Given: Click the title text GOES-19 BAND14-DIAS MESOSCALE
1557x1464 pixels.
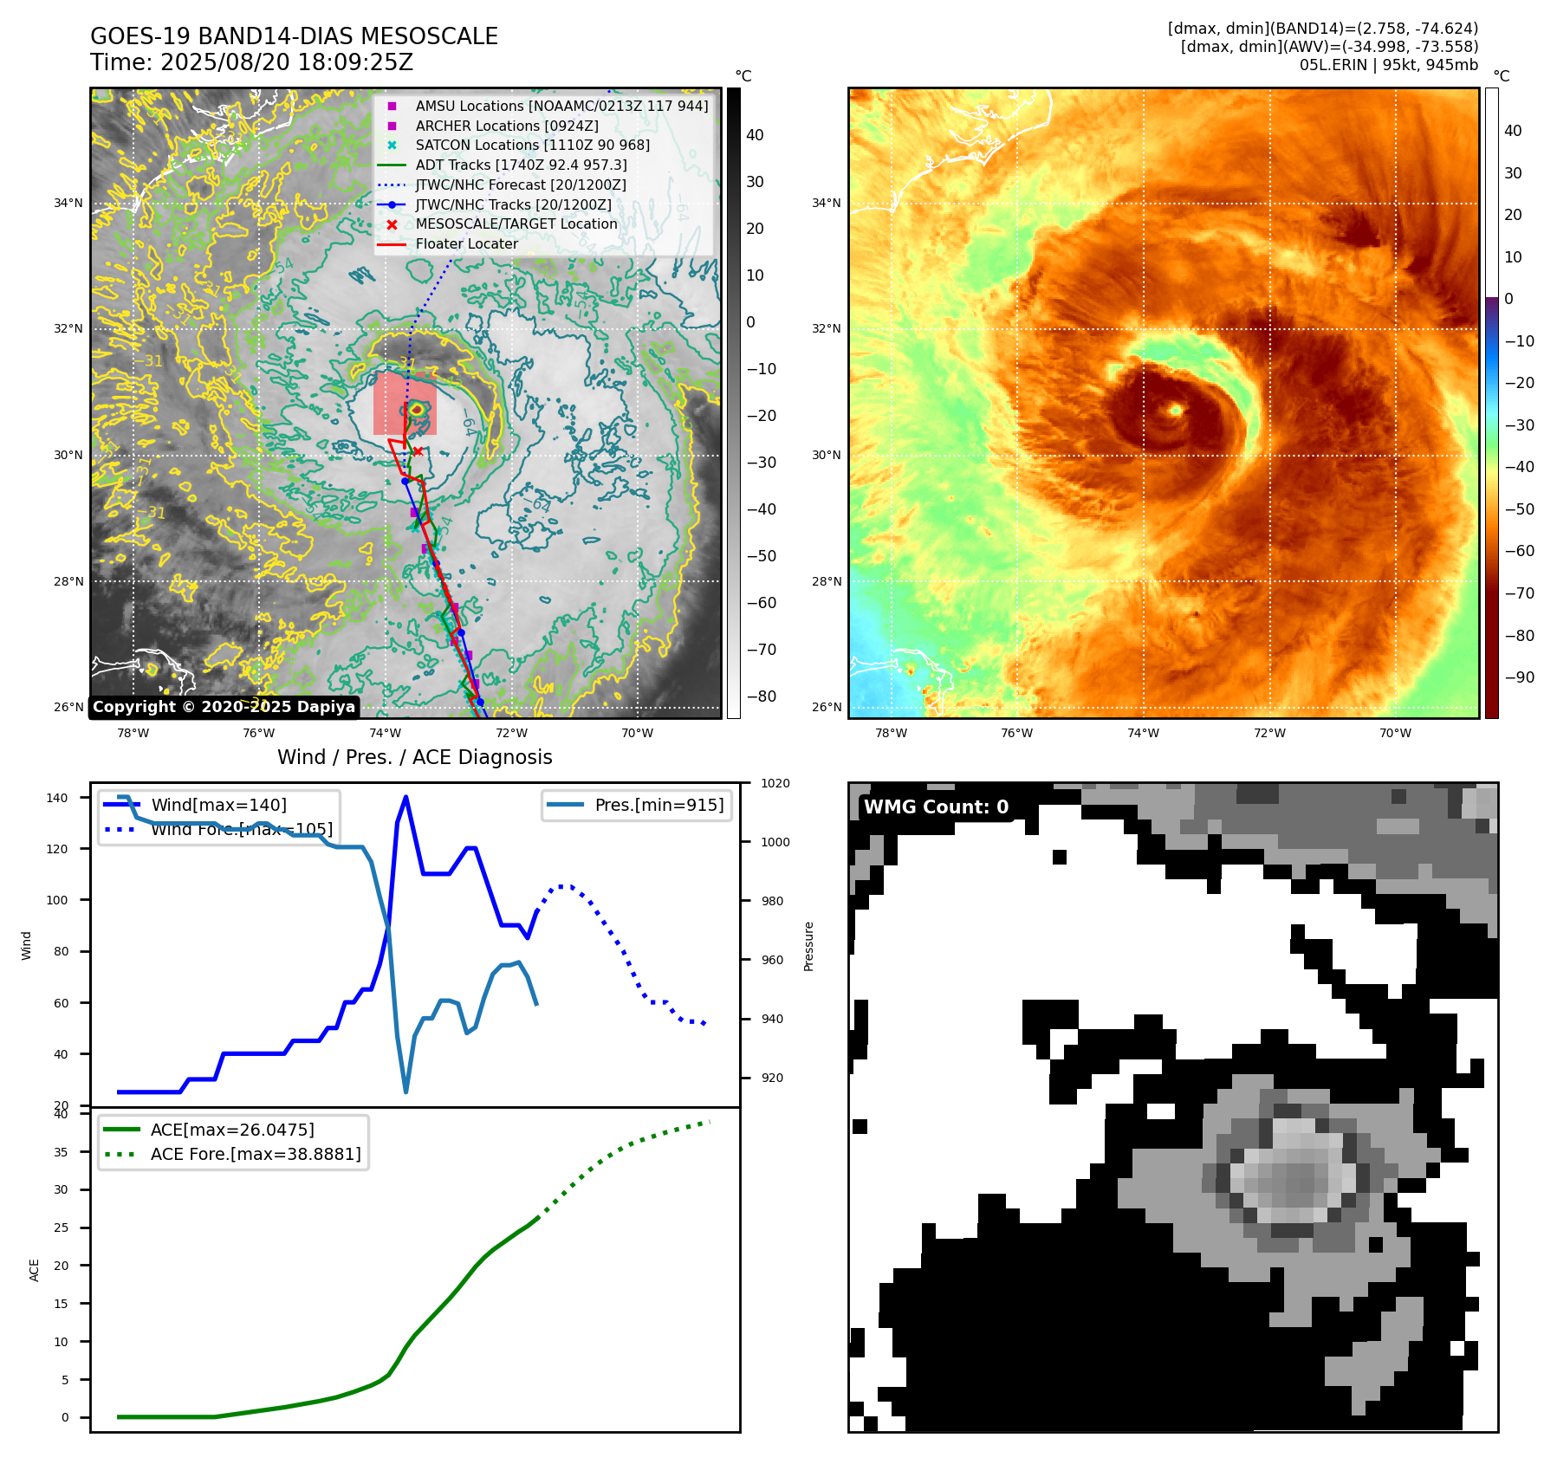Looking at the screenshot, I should (294, 36).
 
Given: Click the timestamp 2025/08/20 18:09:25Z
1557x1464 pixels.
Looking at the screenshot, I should (286, 63).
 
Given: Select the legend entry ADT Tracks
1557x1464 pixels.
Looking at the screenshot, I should (521, 165).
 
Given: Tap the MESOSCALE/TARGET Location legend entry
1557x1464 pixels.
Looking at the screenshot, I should (516, 223).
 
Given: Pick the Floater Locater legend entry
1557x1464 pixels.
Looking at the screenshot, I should (466, 243).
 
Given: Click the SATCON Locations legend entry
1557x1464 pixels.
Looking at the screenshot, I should (532, 145).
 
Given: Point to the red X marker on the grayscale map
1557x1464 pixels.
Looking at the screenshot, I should (418, 451).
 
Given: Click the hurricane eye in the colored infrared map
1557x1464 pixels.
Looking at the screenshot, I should (1176, 410).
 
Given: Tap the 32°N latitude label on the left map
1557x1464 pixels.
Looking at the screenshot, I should (68, 328).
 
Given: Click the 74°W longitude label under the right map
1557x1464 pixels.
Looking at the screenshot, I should (1143, 733).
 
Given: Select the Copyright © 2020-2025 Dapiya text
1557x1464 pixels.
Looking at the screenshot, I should (224, 707).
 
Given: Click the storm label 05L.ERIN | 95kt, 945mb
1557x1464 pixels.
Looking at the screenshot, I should (1388, 65).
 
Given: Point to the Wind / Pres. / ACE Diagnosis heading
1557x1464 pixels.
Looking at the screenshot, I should (414, 757).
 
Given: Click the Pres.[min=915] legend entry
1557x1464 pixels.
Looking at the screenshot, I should (658, 805).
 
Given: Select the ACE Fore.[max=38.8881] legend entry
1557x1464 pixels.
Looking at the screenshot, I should (255, 1154).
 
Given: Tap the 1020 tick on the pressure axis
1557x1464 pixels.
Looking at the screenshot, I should (775, 783).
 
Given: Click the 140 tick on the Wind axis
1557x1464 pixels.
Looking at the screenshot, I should (56, 798).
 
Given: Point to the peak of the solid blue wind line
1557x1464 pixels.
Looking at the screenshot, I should (406, 797).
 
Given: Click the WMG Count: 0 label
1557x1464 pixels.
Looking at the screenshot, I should (936, 806).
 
